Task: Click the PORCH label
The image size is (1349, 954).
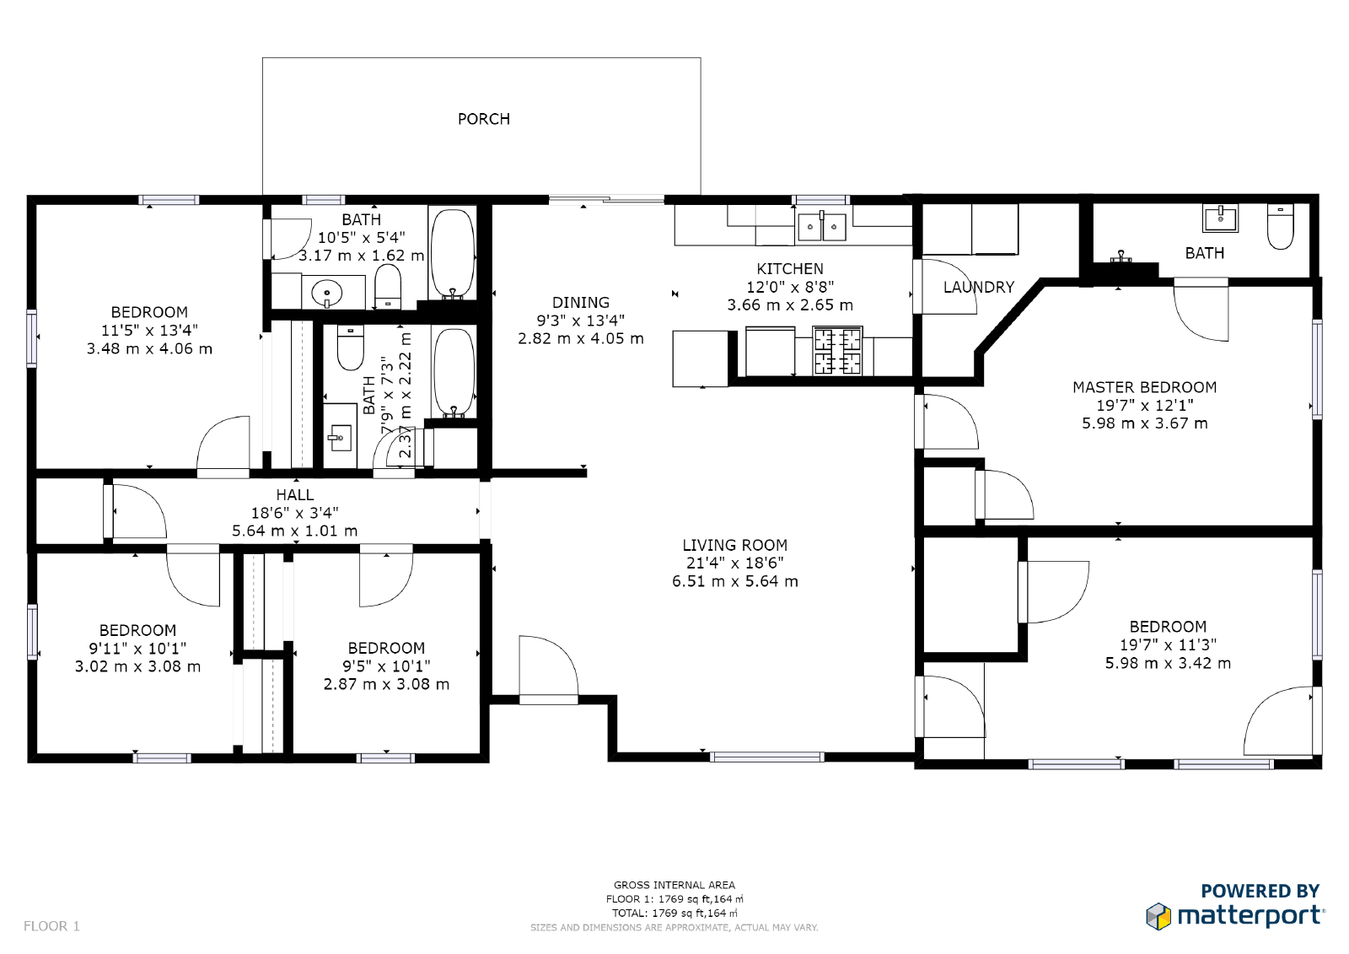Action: pyautogui.click(x=484, y=119)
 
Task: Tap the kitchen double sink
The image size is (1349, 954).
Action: pyautogui.click(x=821, y=226)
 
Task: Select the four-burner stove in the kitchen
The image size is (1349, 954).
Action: pyautogui.click(x=837, y=351)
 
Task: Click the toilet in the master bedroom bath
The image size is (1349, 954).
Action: pyautogui.click(x=1281, y=227)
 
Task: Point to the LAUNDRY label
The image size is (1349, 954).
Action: pyautogui.click(x=979, y=287)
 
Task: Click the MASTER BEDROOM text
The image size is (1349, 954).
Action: pyautogui.click(x=1144, y=387)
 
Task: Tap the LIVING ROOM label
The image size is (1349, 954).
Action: pyautogui.click(x=734, y=545)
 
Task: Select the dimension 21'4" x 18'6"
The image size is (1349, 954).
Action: pyautogui.click(x=734, y=563)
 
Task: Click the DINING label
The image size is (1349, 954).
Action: pyautogui.click(x=581, y=302)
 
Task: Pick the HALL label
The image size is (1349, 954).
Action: pyautogui.click(x=294, y=495)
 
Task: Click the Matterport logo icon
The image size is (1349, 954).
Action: pyautogui.click(x=1158, y=916)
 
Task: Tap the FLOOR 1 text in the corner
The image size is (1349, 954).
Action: pyautogui.click(x=51, y=925)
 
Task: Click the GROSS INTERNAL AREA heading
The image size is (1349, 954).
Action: pyautogui.click(x=674, y=885)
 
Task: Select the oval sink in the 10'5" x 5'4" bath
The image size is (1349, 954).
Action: pyautogui.click(x=326, y=294)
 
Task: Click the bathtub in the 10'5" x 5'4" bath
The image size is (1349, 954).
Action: pyautogui.click(x=452, y=254)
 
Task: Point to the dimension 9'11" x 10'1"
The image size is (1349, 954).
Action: pyautogui.click(x=137, y=648)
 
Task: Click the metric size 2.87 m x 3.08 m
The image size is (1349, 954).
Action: pyautogui.click(x=386, y=684)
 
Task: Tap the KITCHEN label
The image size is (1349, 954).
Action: pyautogui.click(x=789, y=268)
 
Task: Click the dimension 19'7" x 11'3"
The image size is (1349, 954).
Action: pyautogui.click(x=1168, y=644)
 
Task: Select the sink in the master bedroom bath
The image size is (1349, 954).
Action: pyautogui.click(x=1220, y=218)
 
